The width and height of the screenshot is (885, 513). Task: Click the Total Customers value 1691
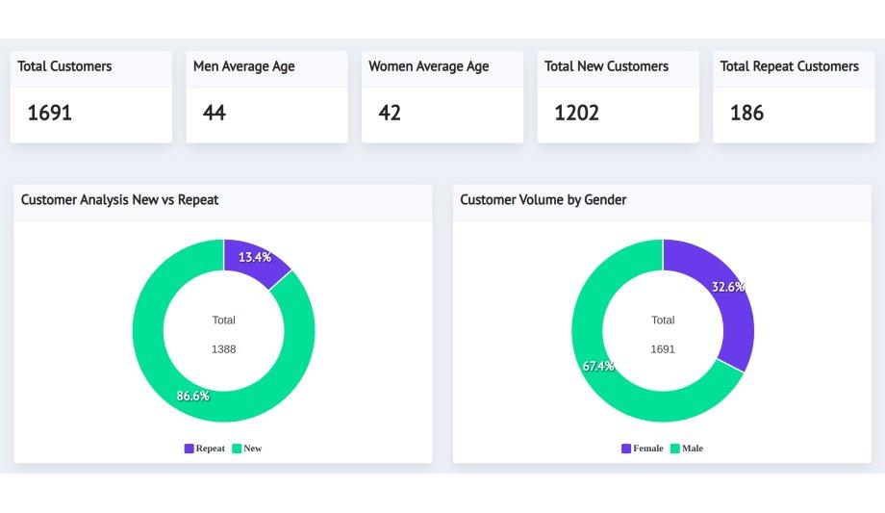(x=50, y=113)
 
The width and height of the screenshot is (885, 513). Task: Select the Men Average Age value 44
(x=215, y=113)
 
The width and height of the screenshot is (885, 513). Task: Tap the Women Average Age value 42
(x=390, y=113)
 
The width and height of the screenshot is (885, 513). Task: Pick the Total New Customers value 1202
(x=577, y=113)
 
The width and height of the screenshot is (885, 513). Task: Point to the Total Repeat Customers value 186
(x=747, y=113)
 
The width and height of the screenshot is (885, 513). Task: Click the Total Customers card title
(x=64, y=66)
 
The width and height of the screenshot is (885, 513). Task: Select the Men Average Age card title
(x=244, y=66)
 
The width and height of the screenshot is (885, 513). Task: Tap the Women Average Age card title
(x=429, y=66)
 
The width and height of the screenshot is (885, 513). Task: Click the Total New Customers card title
(x=606, y=66)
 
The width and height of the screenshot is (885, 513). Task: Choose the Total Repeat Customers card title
(x=790, y=66)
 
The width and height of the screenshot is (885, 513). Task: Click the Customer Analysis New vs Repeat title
(x=120, y=199)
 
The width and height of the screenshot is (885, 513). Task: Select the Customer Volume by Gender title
(x=544, y=199)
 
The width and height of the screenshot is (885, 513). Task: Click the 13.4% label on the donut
(x=255, y=257)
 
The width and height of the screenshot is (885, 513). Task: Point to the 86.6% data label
(x=192, y=396)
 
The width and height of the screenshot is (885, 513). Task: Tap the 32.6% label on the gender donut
(x=727, y=287)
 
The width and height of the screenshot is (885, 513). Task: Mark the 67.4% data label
(x=598, y=366)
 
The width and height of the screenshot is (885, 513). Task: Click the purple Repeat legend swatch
(x=189, y=449)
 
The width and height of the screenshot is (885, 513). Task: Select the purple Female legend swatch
(x=626, y=449)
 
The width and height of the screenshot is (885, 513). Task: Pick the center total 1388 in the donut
(x=223, y=349)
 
